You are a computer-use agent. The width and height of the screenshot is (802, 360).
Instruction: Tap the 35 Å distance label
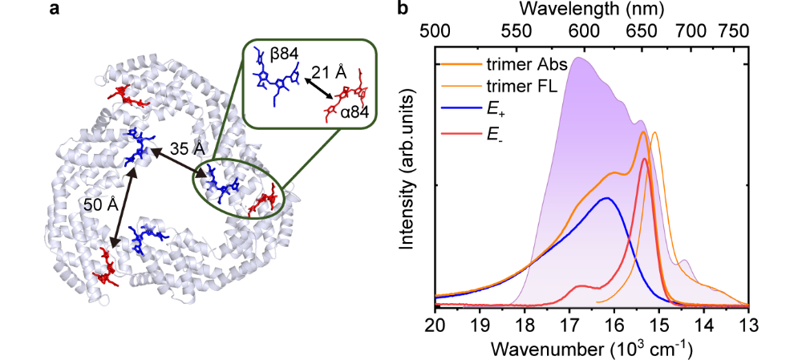click(x=185, y=148)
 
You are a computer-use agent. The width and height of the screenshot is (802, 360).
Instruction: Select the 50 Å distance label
click(x=100, y=204)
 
